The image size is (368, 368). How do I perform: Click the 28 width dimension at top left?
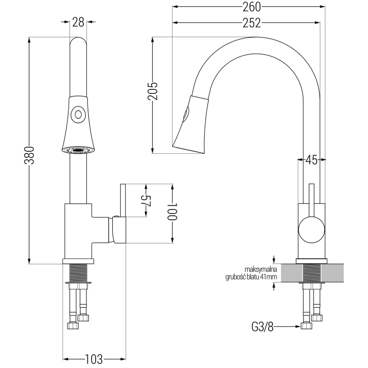point(78,22)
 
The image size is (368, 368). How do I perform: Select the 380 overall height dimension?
point(29,155)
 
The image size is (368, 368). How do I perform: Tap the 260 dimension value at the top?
point(252,7)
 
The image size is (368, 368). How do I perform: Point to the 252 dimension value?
point(252,23)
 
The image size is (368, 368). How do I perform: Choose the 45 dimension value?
point(311,160)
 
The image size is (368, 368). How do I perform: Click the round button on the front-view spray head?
point(78,114)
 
